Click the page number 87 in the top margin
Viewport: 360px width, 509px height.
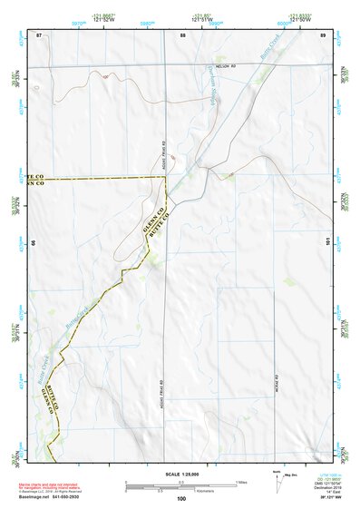[39, 34]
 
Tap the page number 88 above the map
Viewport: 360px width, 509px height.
[182, 34]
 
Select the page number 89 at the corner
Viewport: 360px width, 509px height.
[324, 34]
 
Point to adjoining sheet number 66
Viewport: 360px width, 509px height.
[33, 243]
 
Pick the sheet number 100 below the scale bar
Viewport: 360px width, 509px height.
[181, 498]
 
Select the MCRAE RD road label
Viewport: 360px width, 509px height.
[276, 381]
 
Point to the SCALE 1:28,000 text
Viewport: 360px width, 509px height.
[180, 472]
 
